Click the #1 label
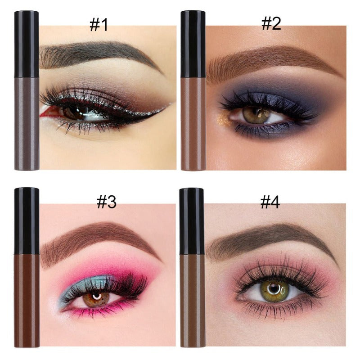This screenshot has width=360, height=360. click(x=99, y=24)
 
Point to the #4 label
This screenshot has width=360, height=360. click(x=270, y=202)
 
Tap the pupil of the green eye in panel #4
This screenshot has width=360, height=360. click(x=273, y=288)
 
